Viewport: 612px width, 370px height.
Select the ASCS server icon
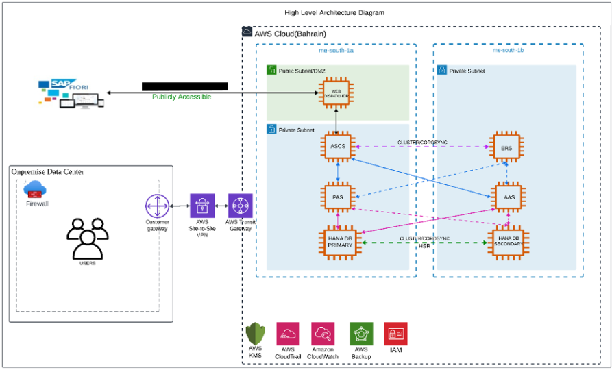pos(336,147)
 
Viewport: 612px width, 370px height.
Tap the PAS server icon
pos(336,196)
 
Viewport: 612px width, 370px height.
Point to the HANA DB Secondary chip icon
pos(507,243)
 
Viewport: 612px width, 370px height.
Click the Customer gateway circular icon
pos(157,206)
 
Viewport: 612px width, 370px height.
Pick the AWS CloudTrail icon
pos(287,334)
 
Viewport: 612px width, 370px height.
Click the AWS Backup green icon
pos(361,334)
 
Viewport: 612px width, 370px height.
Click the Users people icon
pos(87,238)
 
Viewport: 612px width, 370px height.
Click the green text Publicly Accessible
pos(182,97)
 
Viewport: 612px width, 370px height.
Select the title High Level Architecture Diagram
pos(334,12)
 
